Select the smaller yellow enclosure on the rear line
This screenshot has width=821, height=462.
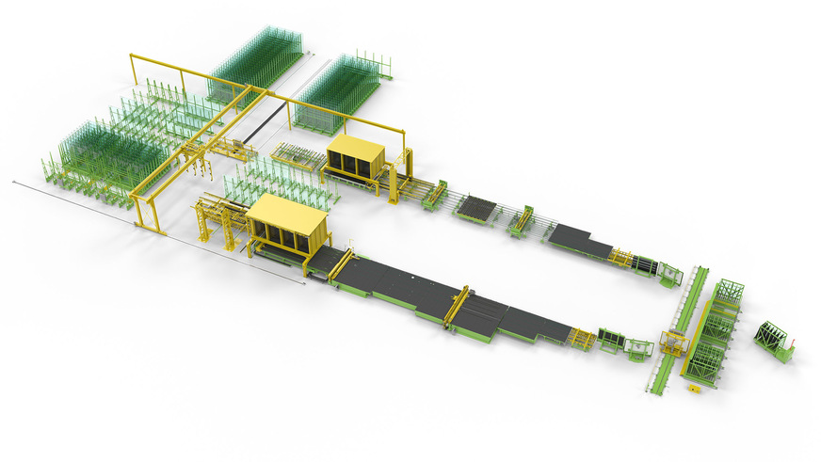[x=357, y=154]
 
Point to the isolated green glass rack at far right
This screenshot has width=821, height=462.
[x=775, y=340]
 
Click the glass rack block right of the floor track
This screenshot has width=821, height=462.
[x=336, y=94]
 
